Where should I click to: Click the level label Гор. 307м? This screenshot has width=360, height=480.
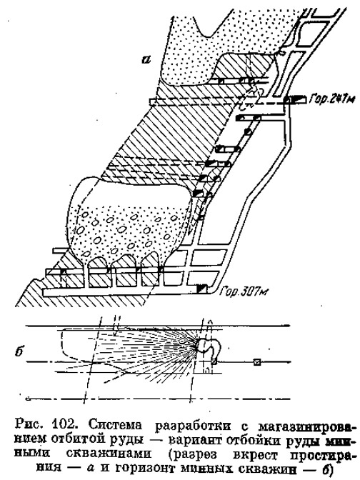click(244, 291)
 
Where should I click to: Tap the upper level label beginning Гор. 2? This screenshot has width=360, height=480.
click(332, 99)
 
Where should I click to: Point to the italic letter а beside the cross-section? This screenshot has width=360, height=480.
click(146, 59)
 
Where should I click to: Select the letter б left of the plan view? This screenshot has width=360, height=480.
click(19, 351)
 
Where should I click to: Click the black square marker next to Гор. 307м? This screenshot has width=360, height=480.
click(201, 289)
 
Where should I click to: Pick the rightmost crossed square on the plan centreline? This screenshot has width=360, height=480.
click(257, 362)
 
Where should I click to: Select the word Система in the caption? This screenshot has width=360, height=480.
click(116, 425)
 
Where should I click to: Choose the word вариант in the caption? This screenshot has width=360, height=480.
click(195, 441)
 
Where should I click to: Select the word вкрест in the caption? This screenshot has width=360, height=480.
click(255, 456)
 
